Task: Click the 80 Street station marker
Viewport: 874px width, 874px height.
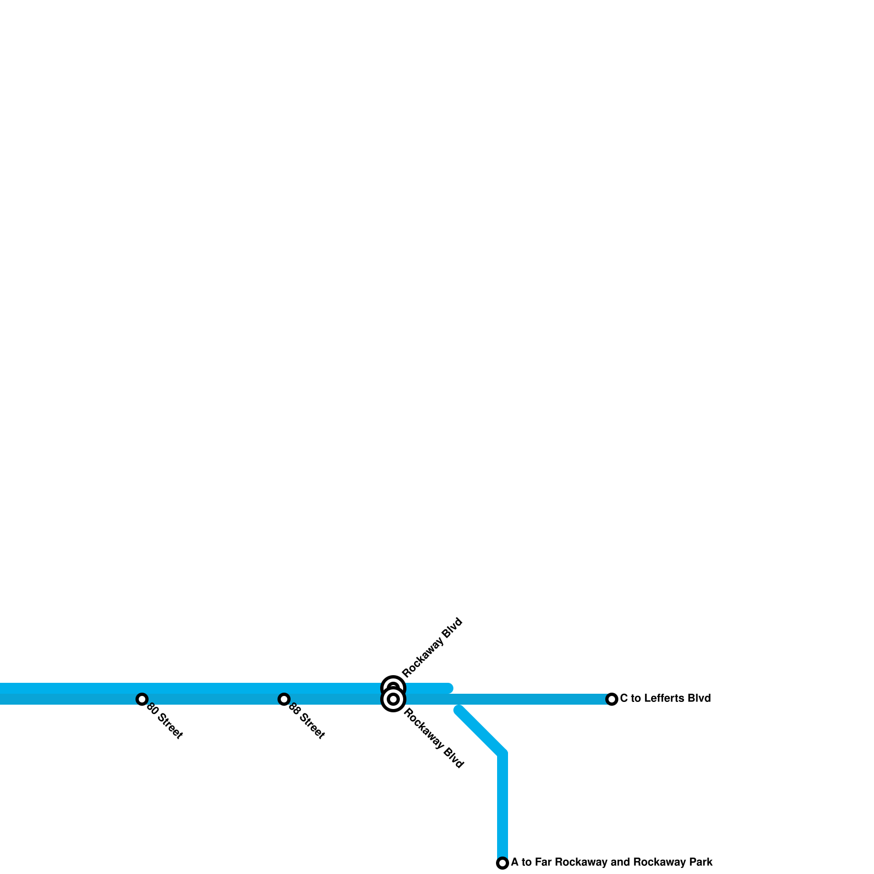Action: [x=142, y=699]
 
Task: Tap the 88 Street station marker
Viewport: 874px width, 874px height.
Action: [x=284, y=699]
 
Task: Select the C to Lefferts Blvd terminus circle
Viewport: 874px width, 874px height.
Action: [x=612, y=699]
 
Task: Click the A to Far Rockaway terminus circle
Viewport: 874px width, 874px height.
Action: [x=503, y=863]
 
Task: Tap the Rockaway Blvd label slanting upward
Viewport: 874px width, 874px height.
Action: [x=432, y=647]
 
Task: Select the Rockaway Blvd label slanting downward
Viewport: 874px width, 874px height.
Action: [x=434, y=739]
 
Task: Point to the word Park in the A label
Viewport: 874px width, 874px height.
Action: [x=701, y=862]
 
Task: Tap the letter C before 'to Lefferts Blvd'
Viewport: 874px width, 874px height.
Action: [x=624, y=698]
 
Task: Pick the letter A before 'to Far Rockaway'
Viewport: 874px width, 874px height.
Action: [x=515, y=862]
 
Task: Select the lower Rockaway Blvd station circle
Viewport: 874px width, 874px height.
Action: [x=393, y=699]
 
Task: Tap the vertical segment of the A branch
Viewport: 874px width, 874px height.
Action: [x=503, y=808]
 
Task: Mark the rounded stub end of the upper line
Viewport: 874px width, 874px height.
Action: [x=448, y=688]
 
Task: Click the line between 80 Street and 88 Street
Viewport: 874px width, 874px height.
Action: [x=213, y=699]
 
